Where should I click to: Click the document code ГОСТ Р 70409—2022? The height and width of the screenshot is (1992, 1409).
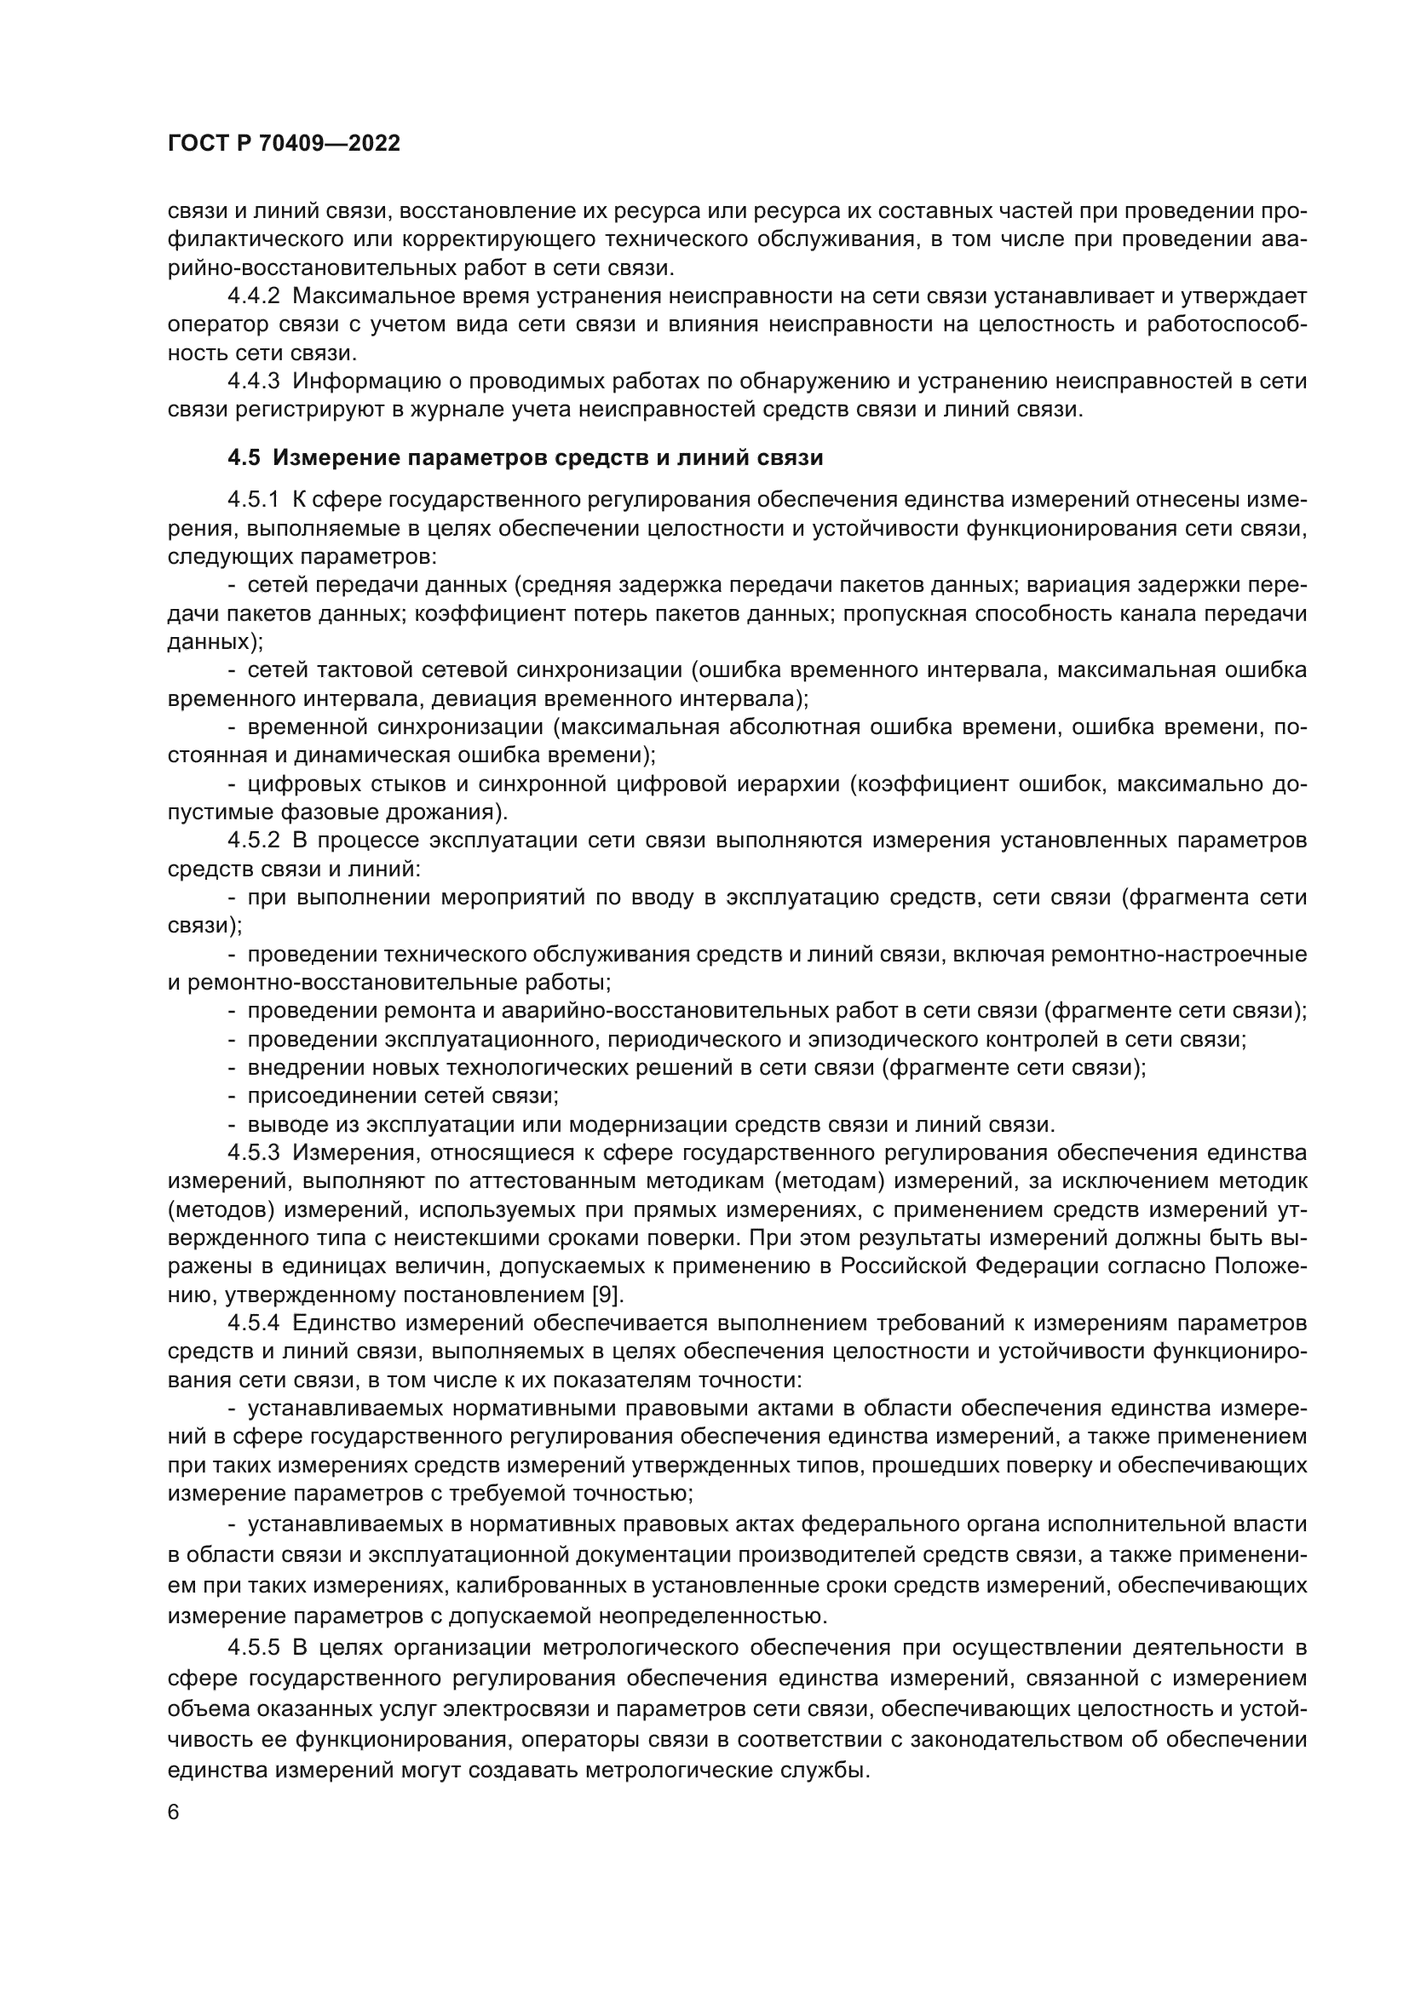click(x=284, y=144)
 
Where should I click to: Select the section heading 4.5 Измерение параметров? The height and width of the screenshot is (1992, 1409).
click(x=526, y=458)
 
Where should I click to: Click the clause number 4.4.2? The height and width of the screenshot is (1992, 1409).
click(x=253, y=296)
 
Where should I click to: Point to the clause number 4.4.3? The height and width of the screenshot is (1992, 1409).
click(x=253, y=382)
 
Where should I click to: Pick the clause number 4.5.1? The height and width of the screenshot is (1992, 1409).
click(x=253, y=500)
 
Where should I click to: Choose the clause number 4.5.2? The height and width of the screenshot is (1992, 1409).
click(x=253, y=841)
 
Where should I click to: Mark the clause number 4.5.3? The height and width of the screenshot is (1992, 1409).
click(x=253, y=1153)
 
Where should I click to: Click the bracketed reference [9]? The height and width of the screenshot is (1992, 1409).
click(x=605, y=1295)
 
